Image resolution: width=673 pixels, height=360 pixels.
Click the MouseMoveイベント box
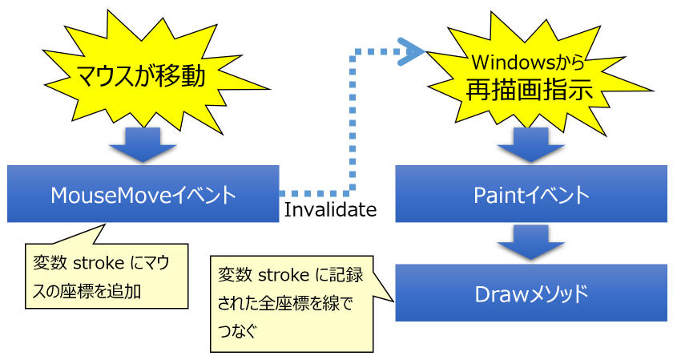143,194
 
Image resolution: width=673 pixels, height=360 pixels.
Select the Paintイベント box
531,194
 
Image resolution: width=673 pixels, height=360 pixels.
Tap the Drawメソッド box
531,293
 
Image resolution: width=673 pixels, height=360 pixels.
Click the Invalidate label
330,209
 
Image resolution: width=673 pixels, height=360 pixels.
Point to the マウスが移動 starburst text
141,76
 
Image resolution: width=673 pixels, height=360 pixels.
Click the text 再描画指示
530,90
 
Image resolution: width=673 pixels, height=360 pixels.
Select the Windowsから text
528,63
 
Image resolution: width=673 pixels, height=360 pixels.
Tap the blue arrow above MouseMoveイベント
143,145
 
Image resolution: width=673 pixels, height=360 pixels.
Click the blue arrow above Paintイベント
531,145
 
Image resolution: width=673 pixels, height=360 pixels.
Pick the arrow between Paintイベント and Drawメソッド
531,243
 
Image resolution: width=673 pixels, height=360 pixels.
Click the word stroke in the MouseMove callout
99,263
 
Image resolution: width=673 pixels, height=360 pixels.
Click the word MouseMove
111,196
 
